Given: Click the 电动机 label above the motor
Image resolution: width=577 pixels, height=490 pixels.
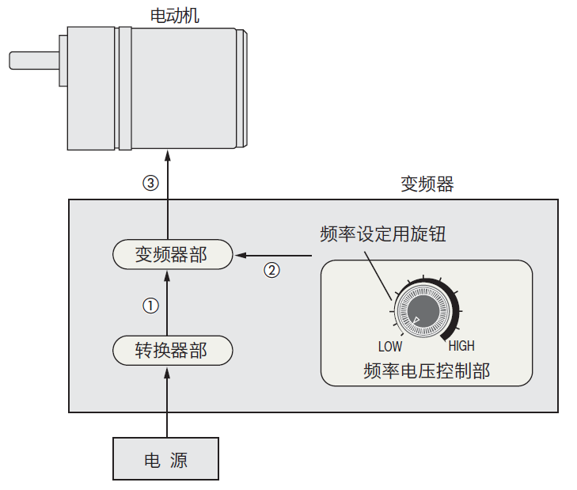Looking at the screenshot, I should tap(174, 14).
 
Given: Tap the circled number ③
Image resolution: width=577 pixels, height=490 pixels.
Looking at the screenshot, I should tap(150, 183).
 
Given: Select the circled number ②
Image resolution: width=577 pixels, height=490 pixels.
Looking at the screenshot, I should tap(271, 270).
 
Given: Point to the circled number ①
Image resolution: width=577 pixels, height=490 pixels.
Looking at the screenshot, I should tap(150, 305).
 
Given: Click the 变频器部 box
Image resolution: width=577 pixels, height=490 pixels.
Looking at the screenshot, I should tap(171, 255).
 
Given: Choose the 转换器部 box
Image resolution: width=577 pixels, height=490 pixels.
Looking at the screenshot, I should tap(171, 349).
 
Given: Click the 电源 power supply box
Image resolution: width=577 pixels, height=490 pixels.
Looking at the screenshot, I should tap(165, 459).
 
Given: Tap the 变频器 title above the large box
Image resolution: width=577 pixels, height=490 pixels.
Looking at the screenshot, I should tap(427, 184).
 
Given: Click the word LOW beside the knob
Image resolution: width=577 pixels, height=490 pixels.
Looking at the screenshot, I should tap(390, 346).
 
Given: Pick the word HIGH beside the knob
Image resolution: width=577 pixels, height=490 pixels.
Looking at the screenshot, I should tap(461, 346).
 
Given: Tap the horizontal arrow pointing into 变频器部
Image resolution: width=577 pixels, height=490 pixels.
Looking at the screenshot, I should tap(277, 256).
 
